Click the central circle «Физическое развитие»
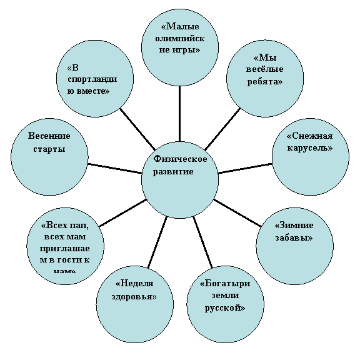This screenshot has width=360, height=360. tap(180, 179)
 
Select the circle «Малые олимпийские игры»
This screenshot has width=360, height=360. tap(180, 47)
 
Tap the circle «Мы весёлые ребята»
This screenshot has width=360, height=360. tap(265, 79)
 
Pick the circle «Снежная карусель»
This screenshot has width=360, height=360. tap(311, 157)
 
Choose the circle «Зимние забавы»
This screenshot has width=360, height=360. tap(294, 246)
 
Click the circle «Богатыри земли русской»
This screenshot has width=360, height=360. tap(225, 304)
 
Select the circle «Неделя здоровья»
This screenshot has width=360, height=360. tap(135, 304)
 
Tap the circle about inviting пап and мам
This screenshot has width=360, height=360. tap(66, 246)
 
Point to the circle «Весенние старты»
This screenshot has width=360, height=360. tap(49, 157)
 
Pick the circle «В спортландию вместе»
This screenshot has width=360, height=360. tap(95, 79)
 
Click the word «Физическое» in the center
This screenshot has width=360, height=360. tap(180, 159)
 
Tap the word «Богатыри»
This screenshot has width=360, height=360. tap(225, 284)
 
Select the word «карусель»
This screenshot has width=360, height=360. tap(310, 148)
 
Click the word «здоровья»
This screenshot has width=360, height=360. tap(134, 296)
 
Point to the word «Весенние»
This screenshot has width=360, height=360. tap(49, 136)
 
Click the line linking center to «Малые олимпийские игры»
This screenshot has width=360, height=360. tap(180, 114)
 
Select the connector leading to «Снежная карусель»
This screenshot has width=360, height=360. tap(245, 168)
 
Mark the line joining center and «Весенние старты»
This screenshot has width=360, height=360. tap(115, 168)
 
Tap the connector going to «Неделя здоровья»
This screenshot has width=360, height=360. tap(157, 242)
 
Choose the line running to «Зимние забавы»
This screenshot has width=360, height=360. tap(237, 213)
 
